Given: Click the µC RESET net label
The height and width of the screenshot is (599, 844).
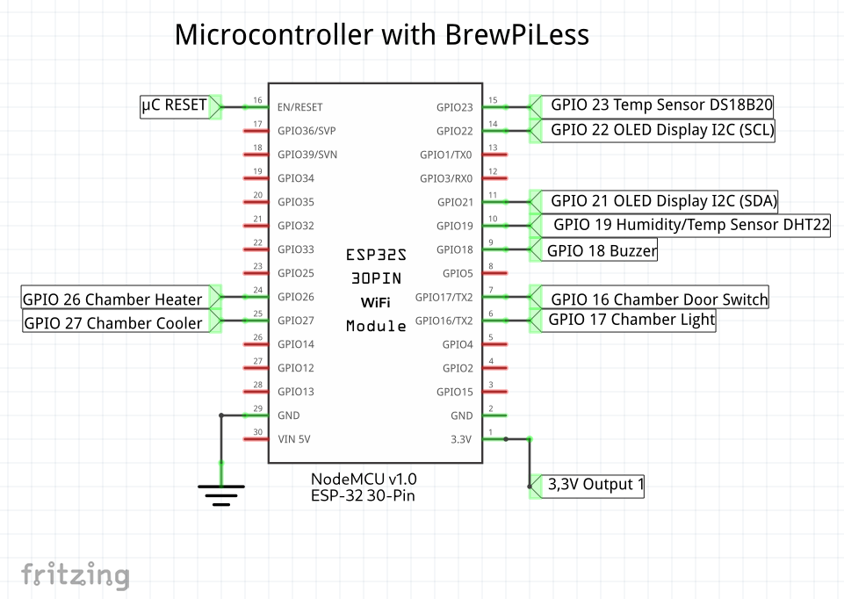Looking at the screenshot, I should point(174,106).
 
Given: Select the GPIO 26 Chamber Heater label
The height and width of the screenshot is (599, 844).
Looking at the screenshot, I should point(112,299).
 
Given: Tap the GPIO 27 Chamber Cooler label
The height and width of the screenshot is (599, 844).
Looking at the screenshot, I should point(113,322).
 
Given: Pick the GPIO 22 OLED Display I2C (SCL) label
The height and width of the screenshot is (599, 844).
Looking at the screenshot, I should point(662,130).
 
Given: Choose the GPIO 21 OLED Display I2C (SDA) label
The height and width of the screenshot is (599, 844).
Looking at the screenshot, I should point(664,201).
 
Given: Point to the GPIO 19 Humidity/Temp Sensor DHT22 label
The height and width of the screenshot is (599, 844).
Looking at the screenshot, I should point(691,225).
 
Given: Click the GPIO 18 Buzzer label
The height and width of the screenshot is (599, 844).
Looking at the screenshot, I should point(602,250).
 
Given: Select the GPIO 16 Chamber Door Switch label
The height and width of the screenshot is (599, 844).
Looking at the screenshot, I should point(659,299).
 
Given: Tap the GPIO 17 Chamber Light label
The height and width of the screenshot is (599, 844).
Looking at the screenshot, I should point(631,320).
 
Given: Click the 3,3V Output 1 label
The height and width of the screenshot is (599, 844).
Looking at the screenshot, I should point(595,484).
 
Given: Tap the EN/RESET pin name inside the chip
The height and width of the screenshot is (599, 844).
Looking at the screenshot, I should point(300,107).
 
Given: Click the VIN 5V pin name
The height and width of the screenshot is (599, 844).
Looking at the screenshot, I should point(294,439).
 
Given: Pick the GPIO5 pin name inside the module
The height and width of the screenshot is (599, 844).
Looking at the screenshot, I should point(458,273).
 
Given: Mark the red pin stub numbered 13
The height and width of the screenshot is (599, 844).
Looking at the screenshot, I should point(495,155).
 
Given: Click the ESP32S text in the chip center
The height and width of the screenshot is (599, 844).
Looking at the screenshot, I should point(376,255).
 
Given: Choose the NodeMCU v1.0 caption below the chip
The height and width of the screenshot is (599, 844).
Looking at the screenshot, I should point(364,479).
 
